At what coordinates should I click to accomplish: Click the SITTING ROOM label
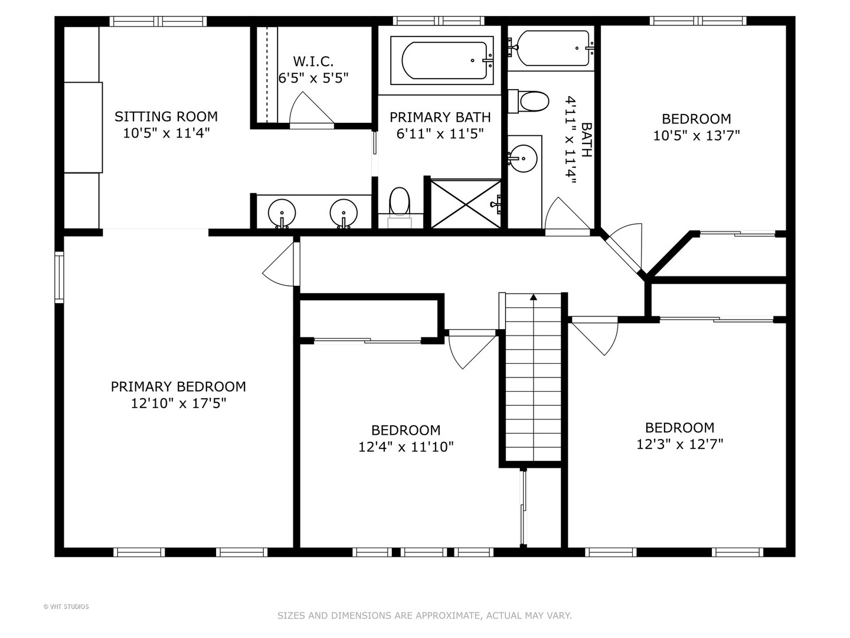click(x=166, y=116)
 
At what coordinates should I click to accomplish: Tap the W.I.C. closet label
click(x=313, y=61)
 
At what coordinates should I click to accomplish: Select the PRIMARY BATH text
click(x=440, y=117)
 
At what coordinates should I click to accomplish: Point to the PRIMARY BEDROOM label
click(x=178, y=386)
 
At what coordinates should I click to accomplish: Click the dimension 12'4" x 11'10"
click(x=406, y=447)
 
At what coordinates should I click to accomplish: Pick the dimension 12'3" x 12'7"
click(x=680, y=444)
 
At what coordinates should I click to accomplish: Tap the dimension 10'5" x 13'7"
click(x=697, y=136)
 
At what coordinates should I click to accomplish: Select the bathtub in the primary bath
click(x=442, y=60)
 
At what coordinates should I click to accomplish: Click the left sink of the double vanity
click(x=282, y=213)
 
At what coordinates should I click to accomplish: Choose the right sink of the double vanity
click(x=344, y=213)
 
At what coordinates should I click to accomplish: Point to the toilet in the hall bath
click(x=528, y=102)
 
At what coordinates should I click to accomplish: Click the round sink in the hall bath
click(x=522, y=158)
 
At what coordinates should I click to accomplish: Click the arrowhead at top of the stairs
click(x=534, y=297)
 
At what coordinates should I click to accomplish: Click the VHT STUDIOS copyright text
click(x=66, y=607)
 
